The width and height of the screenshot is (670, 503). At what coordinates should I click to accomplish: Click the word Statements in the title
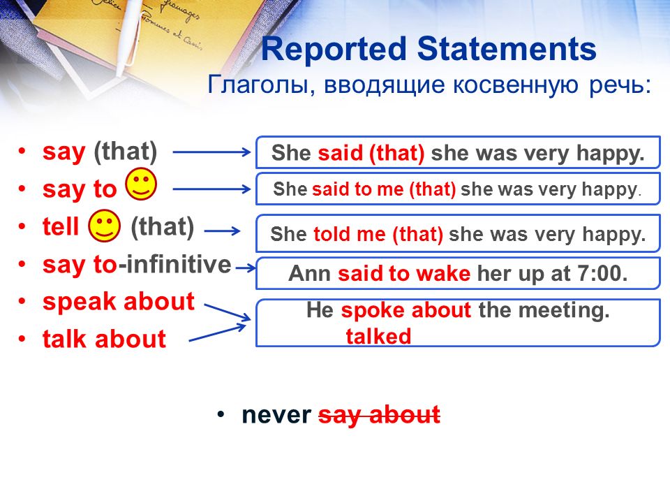tap(507, 48)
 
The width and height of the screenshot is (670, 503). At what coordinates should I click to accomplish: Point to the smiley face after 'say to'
tap(141, 184)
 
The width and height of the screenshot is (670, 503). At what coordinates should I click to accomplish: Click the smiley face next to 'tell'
tap(104, 226)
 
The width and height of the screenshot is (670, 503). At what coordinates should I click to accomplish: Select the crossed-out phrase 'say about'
tap(380, 415)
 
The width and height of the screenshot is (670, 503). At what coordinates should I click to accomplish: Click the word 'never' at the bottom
tap(276, 415)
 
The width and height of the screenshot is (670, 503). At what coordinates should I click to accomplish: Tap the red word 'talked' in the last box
tap(378, 336)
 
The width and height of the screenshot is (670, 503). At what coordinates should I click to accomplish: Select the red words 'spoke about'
tap(406, 310)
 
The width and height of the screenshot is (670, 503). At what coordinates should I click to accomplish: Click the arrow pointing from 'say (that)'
tap(211, 152)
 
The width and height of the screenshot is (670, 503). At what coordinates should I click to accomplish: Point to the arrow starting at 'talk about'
tap(218, 332)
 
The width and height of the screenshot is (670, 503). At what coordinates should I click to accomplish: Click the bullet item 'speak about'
tap(119, 302)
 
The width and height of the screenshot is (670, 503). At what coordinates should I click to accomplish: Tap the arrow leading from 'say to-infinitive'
tap(245, 268)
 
